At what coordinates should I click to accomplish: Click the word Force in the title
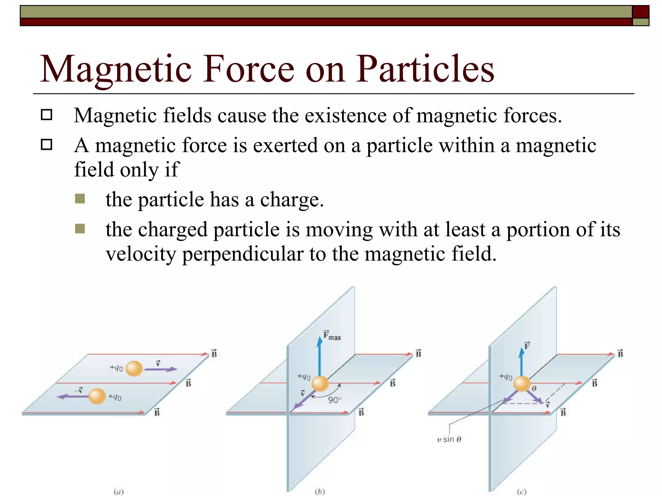pos(249,69)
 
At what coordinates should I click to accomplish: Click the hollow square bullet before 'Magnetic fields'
pos(47,115)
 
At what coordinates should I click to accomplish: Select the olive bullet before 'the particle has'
pos(80,199)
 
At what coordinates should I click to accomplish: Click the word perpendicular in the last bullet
pos(242,254)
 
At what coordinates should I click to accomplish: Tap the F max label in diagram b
pos(332,336)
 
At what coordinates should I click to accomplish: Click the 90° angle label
pos(335,400)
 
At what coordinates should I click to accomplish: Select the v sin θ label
pos(449,439)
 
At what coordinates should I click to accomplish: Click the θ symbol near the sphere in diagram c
pos(534,389)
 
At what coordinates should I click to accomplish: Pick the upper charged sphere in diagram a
pos(134,369)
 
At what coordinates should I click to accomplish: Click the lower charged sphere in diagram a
pos(97,396)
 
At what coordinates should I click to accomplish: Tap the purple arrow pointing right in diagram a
pos(160,369)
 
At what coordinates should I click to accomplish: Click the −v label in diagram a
pos(78,390)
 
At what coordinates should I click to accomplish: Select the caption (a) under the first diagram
pos(119,492)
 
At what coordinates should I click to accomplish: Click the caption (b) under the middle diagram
pos(320,492)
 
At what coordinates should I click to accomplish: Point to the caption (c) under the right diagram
pos(521,492)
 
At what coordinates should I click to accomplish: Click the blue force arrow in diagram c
pos(521,362)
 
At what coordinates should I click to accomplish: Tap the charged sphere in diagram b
pos(320,384)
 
